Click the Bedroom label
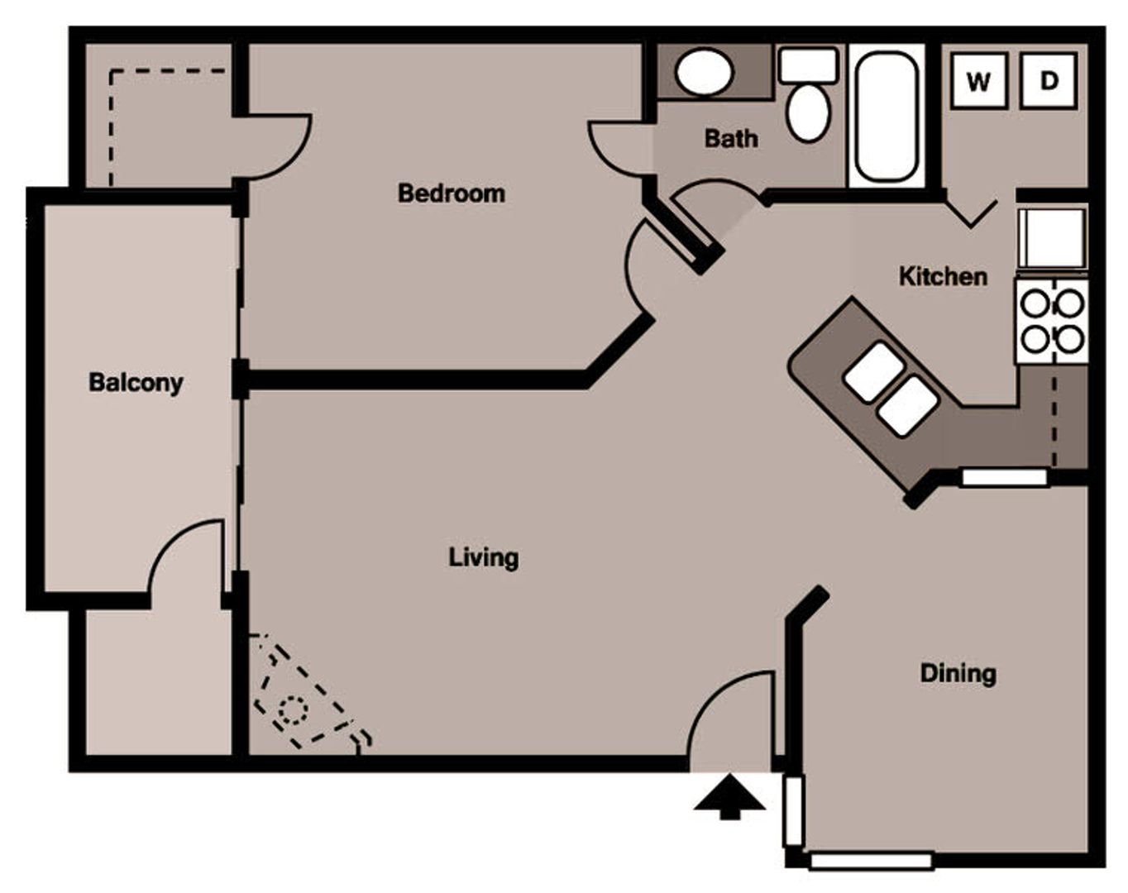[x=452, y=193]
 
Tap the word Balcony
[x=136, y=383]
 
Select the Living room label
[x=484, y=558]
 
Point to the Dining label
[x=958, y=675]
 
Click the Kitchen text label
[x=943, y=277]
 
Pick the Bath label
[x=731, y=139]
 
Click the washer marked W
[x=979, y=81]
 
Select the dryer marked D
[x=1049, y=81]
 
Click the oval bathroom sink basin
[x=704, y=72]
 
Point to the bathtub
[x=886, y=116]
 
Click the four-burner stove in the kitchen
[x=1053, y=322]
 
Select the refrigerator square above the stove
[x=1053, y=240]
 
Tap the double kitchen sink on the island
[x=891, y=389]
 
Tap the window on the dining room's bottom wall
[x=871, y=862]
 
